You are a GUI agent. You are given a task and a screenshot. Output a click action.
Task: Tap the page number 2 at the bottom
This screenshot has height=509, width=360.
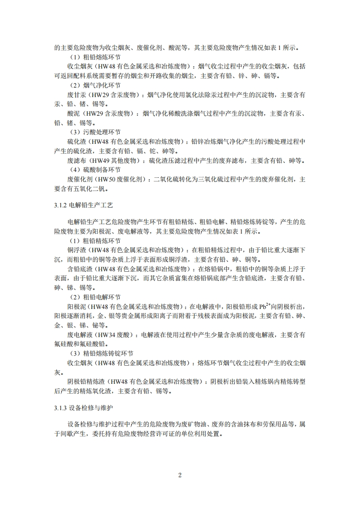coord(180,475)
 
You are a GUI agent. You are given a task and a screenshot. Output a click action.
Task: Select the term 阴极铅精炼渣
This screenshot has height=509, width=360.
coord(84,382)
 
